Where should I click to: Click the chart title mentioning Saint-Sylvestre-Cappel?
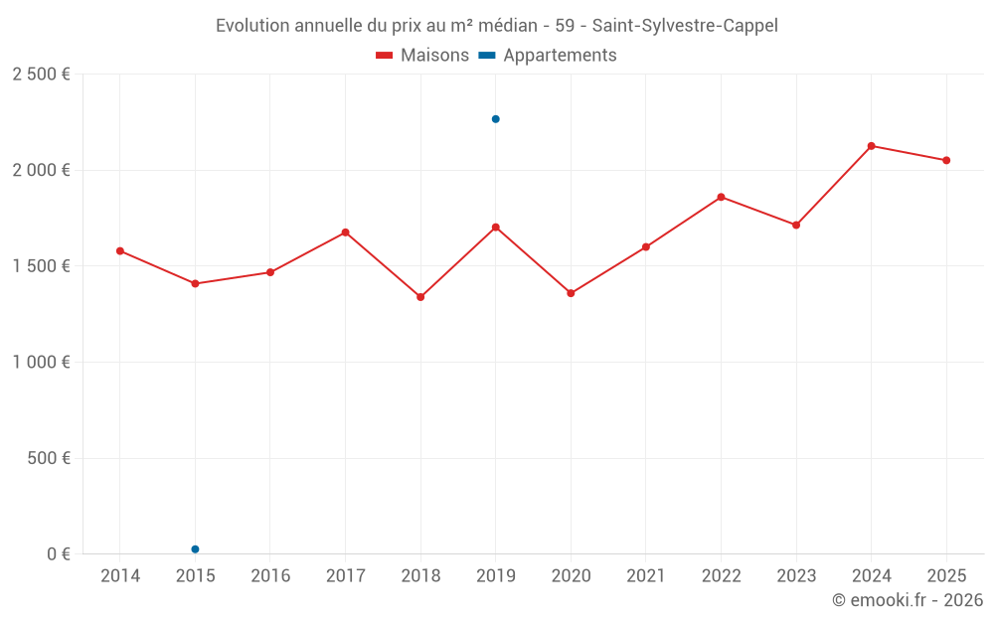click(x=496, y=25)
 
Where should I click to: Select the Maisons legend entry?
click(x=422, y=56)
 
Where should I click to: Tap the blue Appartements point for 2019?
click(x=495, y=119)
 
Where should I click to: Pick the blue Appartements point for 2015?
click(x=195, y=549)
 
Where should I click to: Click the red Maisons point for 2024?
click(x=871, y=146)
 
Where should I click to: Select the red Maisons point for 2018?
click(x=420, y=297)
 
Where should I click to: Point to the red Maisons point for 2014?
click(x=120, y=251)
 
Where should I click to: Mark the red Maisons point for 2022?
click(x=721, y=197)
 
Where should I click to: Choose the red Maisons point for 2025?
click(x=946, y=160)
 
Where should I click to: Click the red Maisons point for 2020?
click(x=571, y=293)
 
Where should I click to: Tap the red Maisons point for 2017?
click(x=345, y=233)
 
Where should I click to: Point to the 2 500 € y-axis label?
click(x=41, y=75)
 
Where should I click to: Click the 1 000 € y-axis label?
click(x=41, y=363)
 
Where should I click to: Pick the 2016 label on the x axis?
click(x=270, y=576)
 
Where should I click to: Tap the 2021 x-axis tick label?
click(x=646, y=576)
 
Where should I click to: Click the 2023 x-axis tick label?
click(x=796, y=576)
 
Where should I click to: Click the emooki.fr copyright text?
click(x=907, y=600)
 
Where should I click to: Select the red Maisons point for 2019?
click(x=495, y=228)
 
